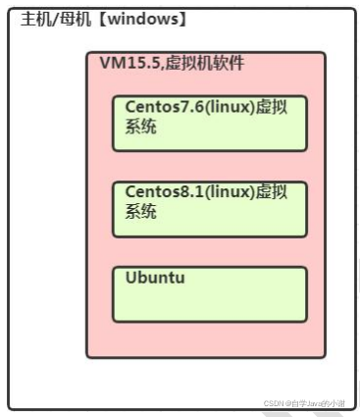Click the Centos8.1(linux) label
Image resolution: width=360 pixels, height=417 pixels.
187,192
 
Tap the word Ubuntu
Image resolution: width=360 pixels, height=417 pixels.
155,278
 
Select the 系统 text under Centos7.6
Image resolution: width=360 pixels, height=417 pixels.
140,126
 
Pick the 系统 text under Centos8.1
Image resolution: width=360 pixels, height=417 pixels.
140,211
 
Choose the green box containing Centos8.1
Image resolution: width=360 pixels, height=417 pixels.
209,225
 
